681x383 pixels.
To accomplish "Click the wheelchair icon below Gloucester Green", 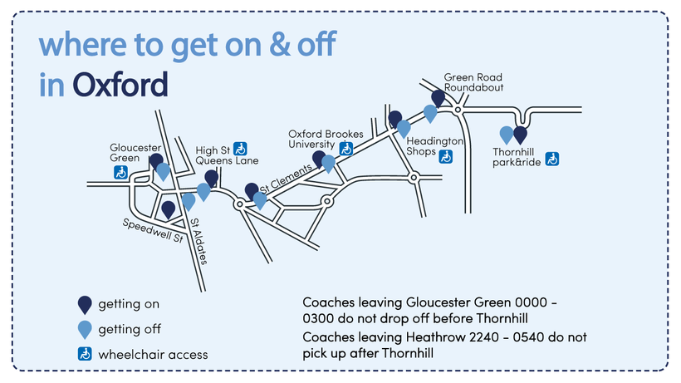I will tap(120, 173).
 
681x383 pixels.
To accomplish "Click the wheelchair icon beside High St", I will tap(241, 149).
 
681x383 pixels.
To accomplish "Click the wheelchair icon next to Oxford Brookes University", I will tap(345, 149).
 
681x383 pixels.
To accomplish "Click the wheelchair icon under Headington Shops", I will tap(446, 155).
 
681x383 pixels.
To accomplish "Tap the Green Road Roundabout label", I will tap(473, 81).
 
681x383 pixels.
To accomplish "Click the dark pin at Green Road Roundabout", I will tap(438, 98).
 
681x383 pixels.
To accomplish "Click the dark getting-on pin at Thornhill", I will tap(521, 135).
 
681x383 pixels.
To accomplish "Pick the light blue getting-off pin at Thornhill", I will tap(506, 134).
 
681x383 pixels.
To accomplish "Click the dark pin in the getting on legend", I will tap(84, 304).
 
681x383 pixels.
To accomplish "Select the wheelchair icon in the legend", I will tap(84, 354).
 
